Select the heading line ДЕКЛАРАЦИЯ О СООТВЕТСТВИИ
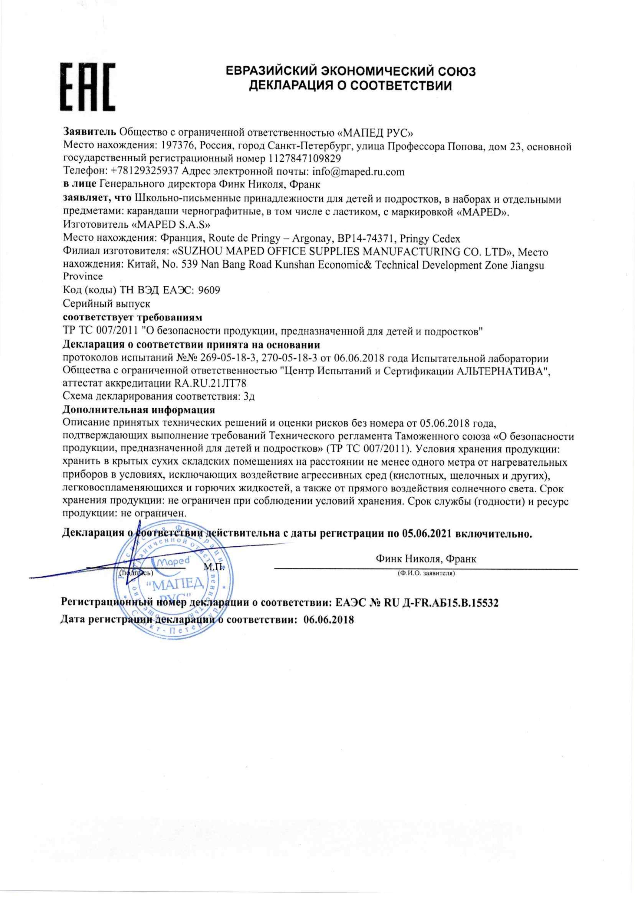click(350, 86)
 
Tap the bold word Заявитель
click(90, 131)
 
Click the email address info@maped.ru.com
click(359, 171)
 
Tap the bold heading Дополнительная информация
click(139, 410)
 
